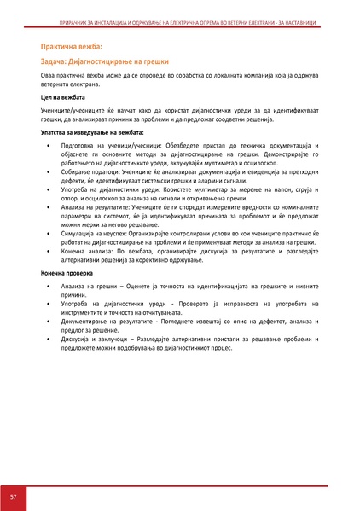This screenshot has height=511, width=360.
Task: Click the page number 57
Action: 14,496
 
